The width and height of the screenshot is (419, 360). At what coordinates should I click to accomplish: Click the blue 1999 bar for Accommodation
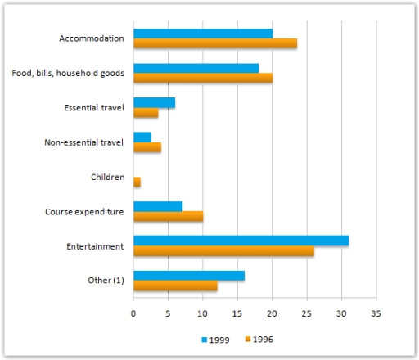pyautogui.click(x=202, y=34)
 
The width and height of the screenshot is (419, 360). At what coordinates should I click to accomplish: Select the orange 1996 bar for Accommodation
pyautogui.click(x=214, y=44)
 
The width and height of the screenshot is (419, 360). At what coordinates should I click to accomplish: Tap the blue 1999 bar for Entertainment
pyautogui.click(x=241, y=240)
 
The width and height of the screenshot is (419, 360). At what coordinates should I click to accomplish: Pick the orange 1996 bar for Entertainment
pyautogui.click(x=223, y=250)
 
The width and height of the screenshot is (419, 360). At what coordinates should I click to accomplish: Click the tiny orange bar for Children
pyautogui.click(x=137, y=182)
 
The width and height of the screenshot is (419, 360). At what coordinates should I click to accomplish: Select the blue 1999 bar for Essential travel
pyautogui.click(x=154, y=102)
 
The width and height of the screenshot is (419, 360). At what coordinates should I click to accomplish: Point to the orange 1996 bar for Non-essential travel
pyautogui.click(x=147, y=147)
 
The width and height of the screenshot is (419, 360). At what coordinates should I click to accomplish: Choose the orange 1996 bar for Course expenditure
pyautogui.click(x=168, y=216)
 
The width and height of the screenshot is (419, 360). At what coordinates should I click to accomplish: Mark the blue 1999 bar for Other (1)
pyautogui.click(x=188, y=275)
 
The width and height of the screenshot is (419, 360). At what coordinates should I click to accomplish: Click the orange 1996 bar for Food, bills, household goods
pyautogui.click(x=202, y=79)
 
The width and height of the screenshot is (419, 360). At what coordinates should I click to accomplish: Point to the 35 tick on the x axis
pyautogui.click(x=376, y=312)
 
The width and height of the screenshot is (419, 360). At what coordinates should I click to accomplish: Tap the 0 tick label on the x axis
pyautogui.click(x=133, y=312)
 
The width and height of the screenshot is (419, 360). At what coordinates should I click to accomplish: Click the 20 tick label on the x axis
pyautogui.click(x=272, y=312)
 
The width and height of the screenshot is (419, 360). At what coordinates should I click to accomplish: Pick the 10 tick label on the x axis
pyautogui.click(x=202, y=312)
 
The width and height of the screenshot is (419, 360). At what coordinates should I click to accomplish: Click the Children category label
pyautogui.click(x=106, y=176)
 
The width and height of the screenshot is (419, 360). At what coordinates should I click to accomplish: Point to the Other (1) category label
pyautogui.click(x=105, y=280)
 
